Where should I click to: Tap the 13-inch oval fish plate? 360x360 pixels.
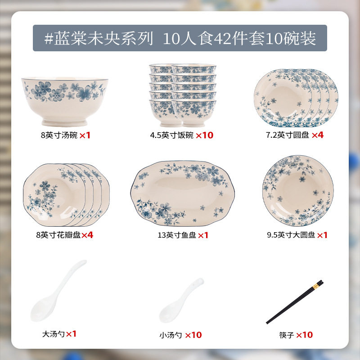183,193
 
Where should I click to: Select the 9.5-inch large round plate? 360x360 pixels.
298,190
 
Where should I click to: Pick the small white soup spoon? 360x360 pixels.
181,300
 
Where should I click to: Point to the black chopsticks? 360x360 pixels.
295,302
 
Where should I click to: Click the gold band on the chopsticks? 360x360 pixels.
316,286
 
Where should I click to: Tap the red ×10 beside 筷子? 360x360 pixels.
305,335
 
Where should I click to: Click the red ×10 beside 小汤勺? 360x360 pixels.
193,335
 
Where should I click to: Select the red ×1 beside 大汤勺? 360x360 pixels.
71,334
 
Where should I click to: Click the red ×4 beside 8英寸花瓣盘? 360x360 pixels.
87,235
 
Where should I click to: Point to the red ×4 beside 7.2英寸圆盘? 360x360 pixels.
318,135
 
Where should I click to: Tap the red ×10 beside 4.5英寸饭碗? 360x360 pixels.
205,135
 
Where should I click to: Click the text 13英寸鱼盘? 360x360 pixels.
177,235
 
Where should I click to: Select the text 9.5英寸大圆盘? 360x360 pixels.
291,235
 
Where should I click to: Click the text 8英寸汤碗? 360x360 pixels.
59,135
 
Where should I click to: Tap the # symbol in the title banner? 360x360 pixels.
49,38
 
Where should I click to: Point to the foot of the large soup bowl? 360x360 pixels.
64,122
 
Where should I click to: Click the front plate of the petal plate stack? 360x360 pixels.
54,195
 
